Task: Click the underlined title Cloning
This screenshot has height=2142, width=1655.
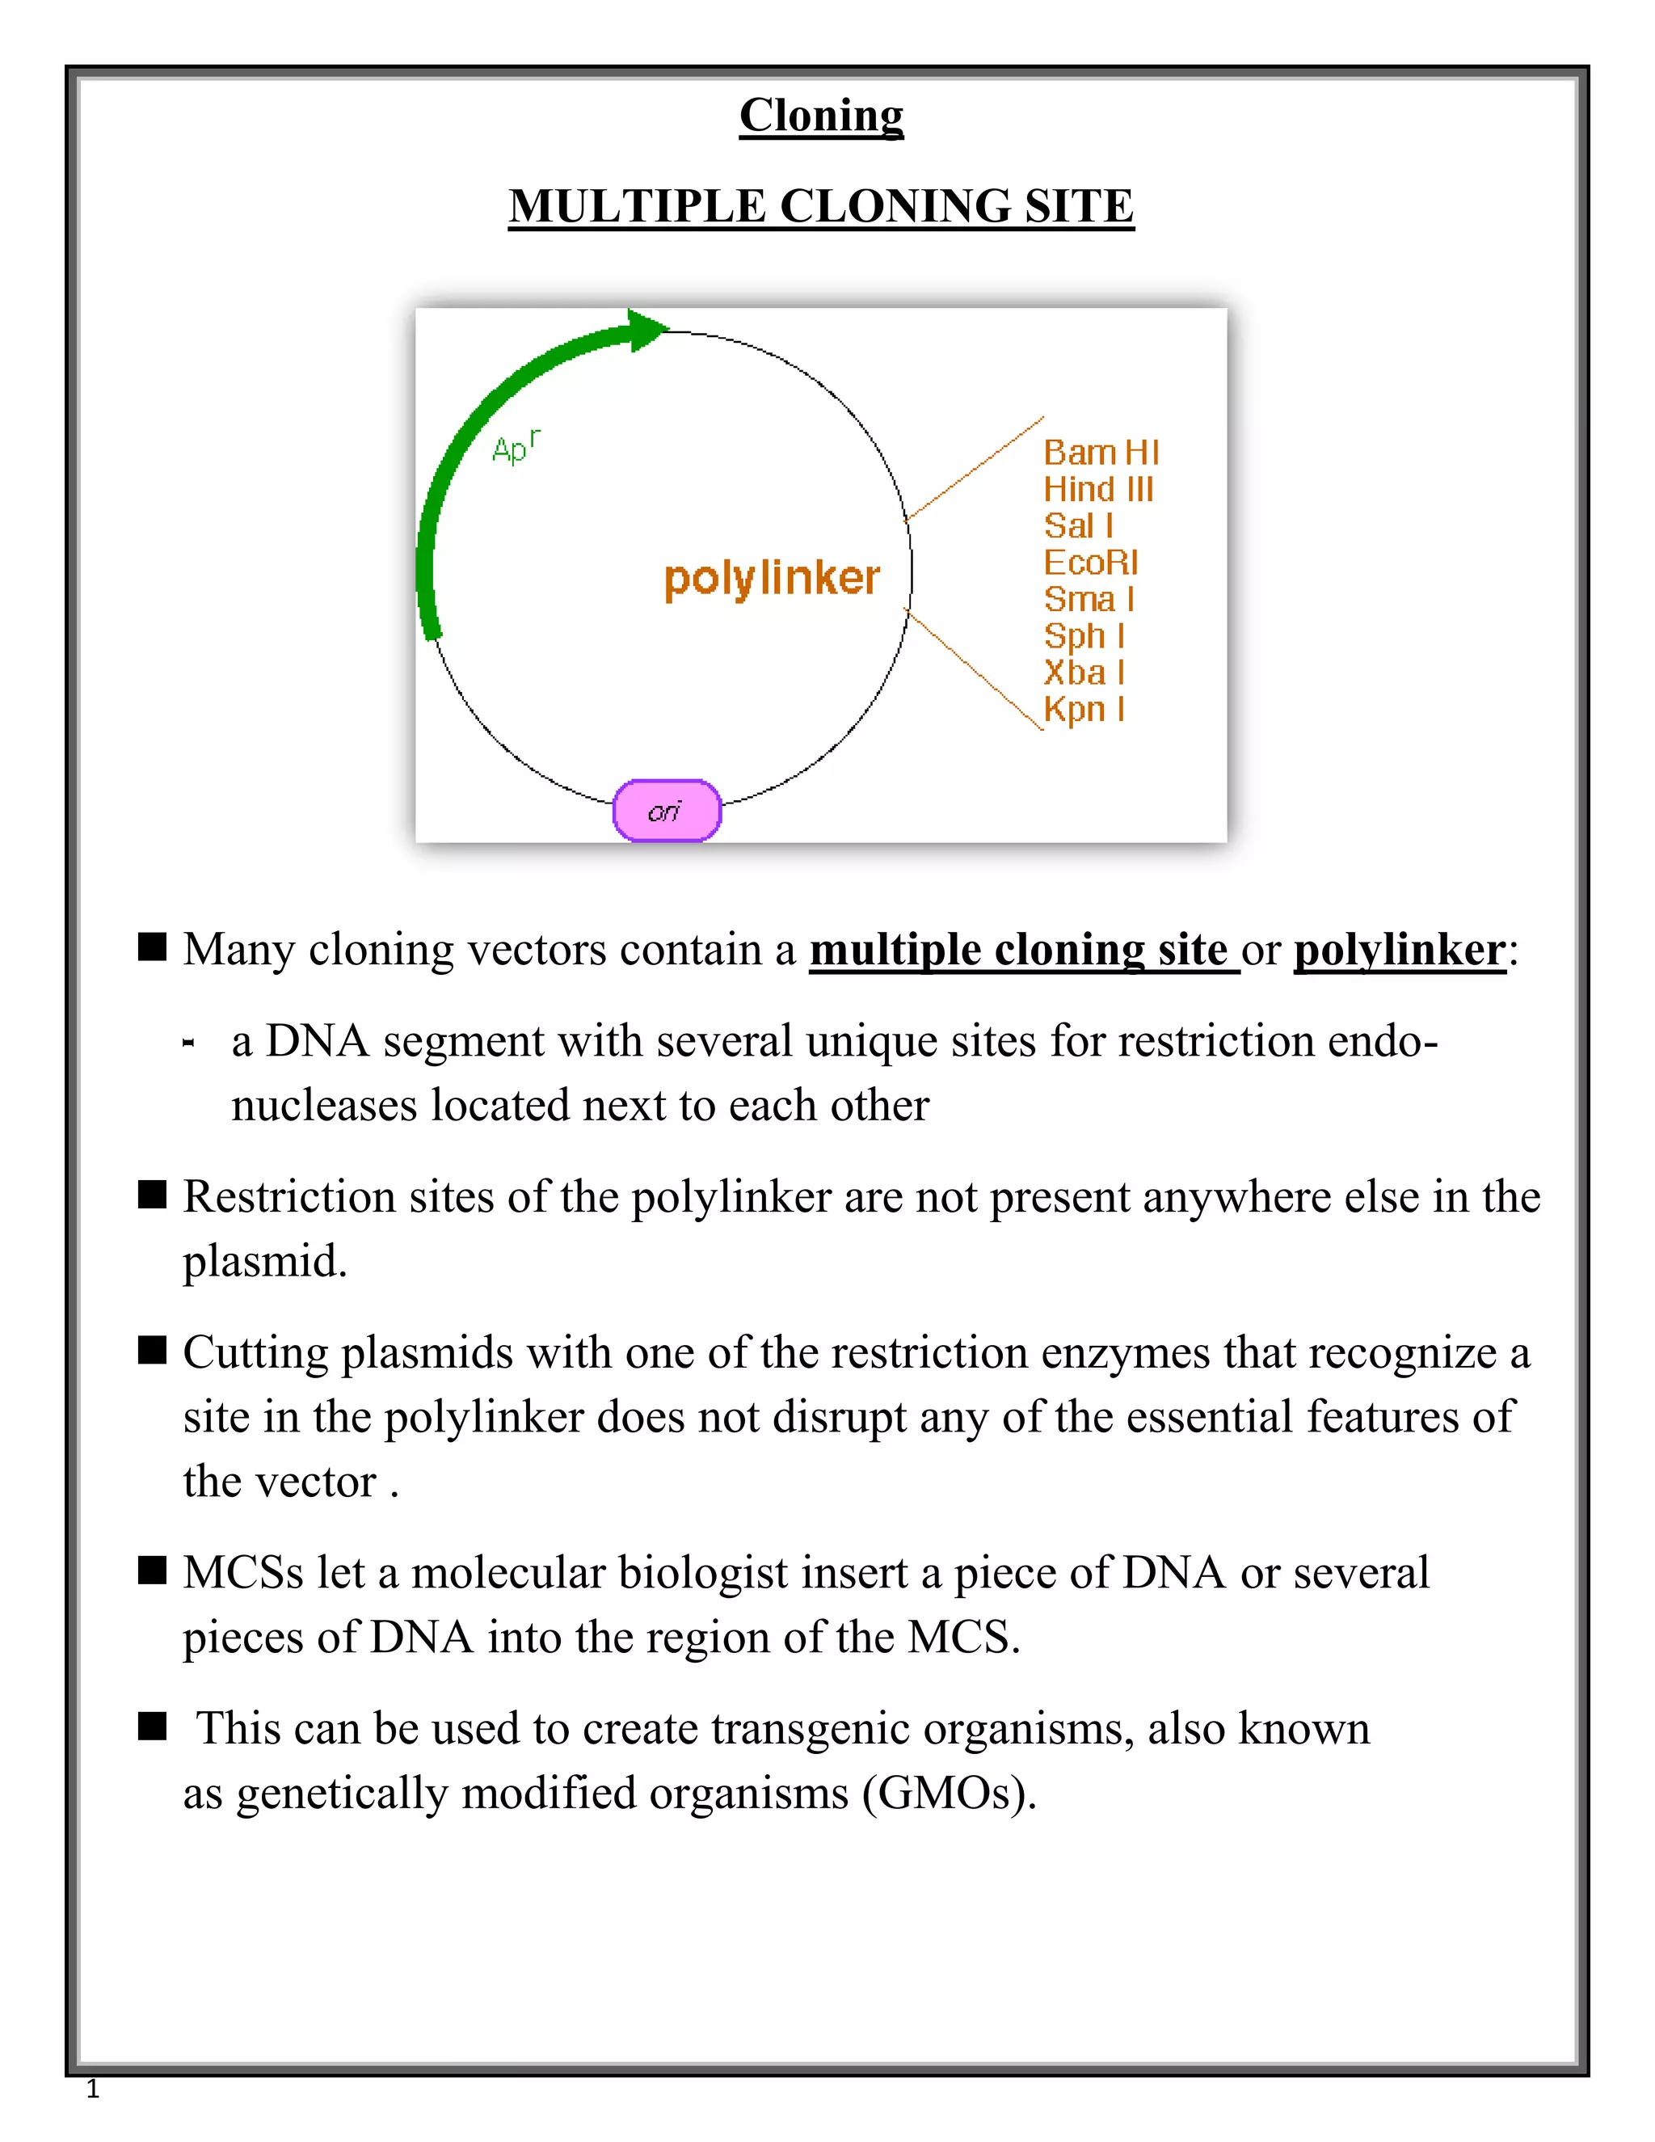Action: point(821,116)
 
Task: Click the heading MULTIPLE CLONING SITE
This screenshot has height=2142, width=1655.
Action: point(821,207)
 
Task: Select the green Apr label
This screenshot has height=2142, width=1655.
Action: point(515,447)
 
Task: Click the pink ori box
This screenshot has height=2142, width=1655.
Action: point(667,810)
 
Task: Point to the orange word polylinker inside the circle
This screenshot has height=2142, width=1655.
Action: point(772,579)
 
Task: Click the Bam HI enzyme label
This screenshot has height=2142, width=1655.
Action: point(1100,453)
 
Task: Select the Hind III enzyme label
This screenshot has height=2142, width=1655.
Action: point(1097,489)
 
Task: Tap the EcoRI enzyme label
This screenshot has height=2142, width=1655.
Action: point(1090,563)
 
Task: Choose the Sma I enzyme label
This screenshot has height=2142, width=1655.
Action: point(1089,599)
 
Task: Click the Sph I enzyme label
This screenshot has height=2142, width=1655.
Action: point(1084,636)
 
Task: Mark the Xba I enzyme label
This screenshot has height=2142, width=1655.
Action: point(1084,673)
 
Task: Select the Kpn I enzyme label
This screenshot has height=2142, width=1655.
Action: point(1084,709)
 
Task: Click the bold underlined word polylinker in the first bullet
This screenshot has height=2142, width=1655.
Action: point(1399,951)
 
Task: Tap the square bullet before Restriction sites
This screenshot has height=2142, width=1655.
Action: point(152,1195)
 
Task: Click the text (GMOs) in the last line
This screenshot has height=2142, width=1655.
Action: point(948,1794)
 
